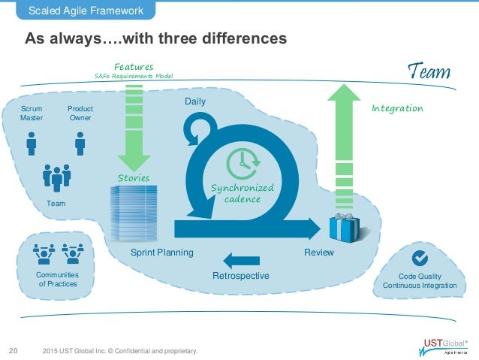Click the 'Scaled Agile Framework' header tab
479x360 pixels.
click(x=87, y=10)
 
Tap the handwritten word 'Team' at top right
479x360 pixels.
click(x=429, y=72)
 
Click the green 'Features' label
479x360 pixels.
click(x=134, y=67)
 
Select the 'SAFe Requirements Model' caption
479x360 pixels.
click(x=134, y=77)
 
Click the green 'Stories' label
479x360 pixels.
click(x=134, y=178)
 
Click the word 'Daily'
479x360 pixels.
click(x=194, y=101)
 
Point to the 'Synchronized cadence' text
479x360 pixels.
click(x=252, y=193)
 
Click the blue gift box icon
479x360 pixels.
click(x=345, y=227)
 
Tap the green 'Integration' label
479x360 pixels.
click(x=397, y=109)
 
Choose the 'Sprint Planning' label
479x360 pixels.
click(x=161, y=253)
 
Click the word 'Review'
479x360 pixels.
click(x=318, y=253)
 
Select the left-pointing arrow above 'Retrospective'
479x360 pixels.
click(x=241, y=261)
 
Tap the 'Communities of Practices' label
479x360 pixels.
click(x=58, y=280)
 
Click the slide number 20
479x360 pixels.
click(x=13, y=349)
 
